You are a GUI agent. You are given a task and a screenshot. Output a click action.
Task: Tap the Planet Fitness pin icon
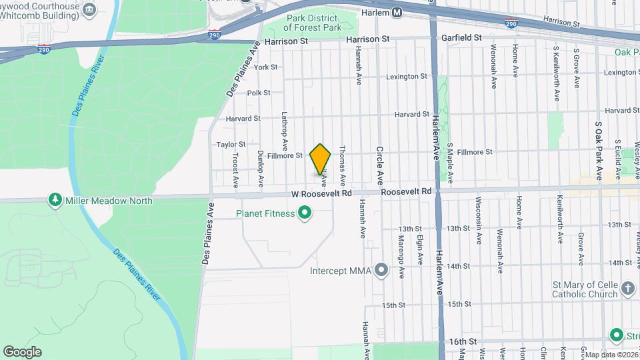point(305,213)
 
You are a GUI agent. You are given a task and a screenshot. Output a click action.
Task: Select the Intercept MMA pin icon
point(381,270)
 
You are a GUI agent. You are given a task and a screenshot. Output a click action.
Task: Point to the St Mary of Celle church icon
point(627,289)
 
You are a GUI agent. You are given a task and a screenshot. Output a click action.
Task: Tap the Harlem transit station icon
point(397,12)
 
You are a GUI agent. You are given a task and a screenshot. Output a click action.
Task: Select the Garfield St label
point(461,38)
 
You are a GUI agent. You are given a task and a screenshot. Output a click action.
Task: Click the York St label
point(265,67)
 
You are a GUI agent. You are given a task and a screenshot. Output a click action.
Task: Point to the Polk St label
point(259,93)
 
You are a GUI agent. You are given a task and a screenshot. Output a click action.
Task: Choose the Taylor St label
point(231,144)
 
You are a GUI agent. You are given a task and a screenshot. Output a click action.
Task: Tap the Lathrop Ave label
point(284,130)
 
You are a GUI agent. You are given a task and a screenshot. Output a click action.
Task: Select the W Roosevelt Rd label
point(321,193)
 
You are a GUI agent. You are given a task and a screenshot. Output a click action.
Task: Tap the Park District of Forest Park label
point(313,23)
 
